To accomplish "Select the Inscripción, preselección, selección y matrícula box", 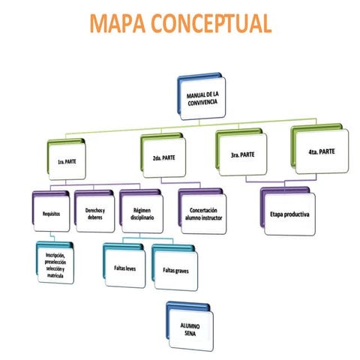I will pyautogui.click(x=58, y=266).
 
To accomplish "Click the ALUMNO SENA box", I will pyautogui.click(x=192, y=328).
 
